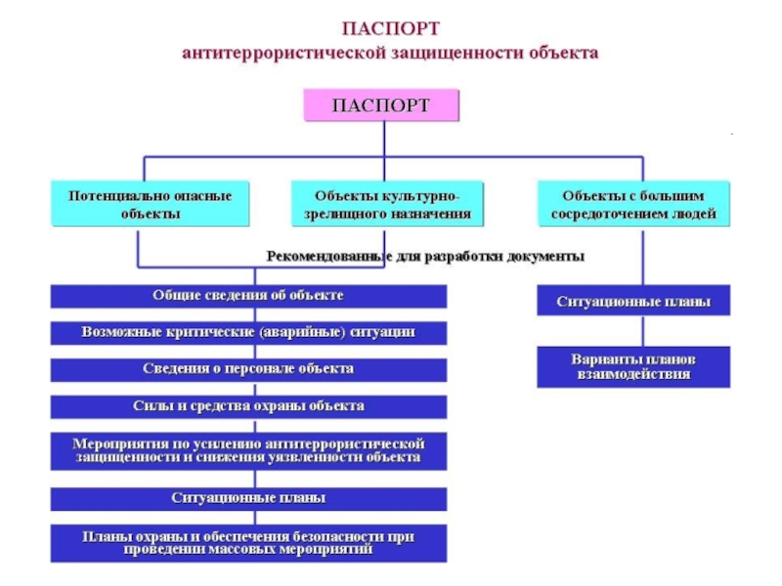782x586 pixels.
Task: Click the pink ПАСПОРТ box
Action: [381, 105]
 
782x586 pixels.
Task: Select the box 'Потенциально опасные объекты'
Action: [150, 204]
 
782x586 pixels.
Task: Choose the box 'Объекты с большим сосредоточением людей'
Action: [633, 204]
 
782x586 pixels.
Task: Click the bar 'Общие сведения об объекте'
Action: [248, 295]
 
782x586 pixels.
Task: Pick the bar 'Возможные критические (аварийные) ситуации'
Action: [248, 333]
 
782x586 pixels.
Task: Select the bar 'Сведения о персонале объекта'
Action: [248, 370]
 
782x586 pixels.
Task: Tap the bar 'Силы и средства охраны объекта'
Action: [248, 406]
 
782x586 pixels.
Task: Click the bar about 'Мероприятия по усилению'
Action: [248, 450]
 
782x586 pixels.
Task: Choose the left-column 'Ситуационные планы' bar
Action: [248, 499]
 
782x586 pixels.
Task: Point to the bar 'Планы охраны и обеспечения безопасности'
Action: [248, 543]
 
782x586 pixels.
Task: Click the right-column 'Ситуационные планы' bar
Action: [633, 301]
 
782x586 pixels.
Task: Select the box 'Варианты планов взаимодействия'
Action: [633, 366]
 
